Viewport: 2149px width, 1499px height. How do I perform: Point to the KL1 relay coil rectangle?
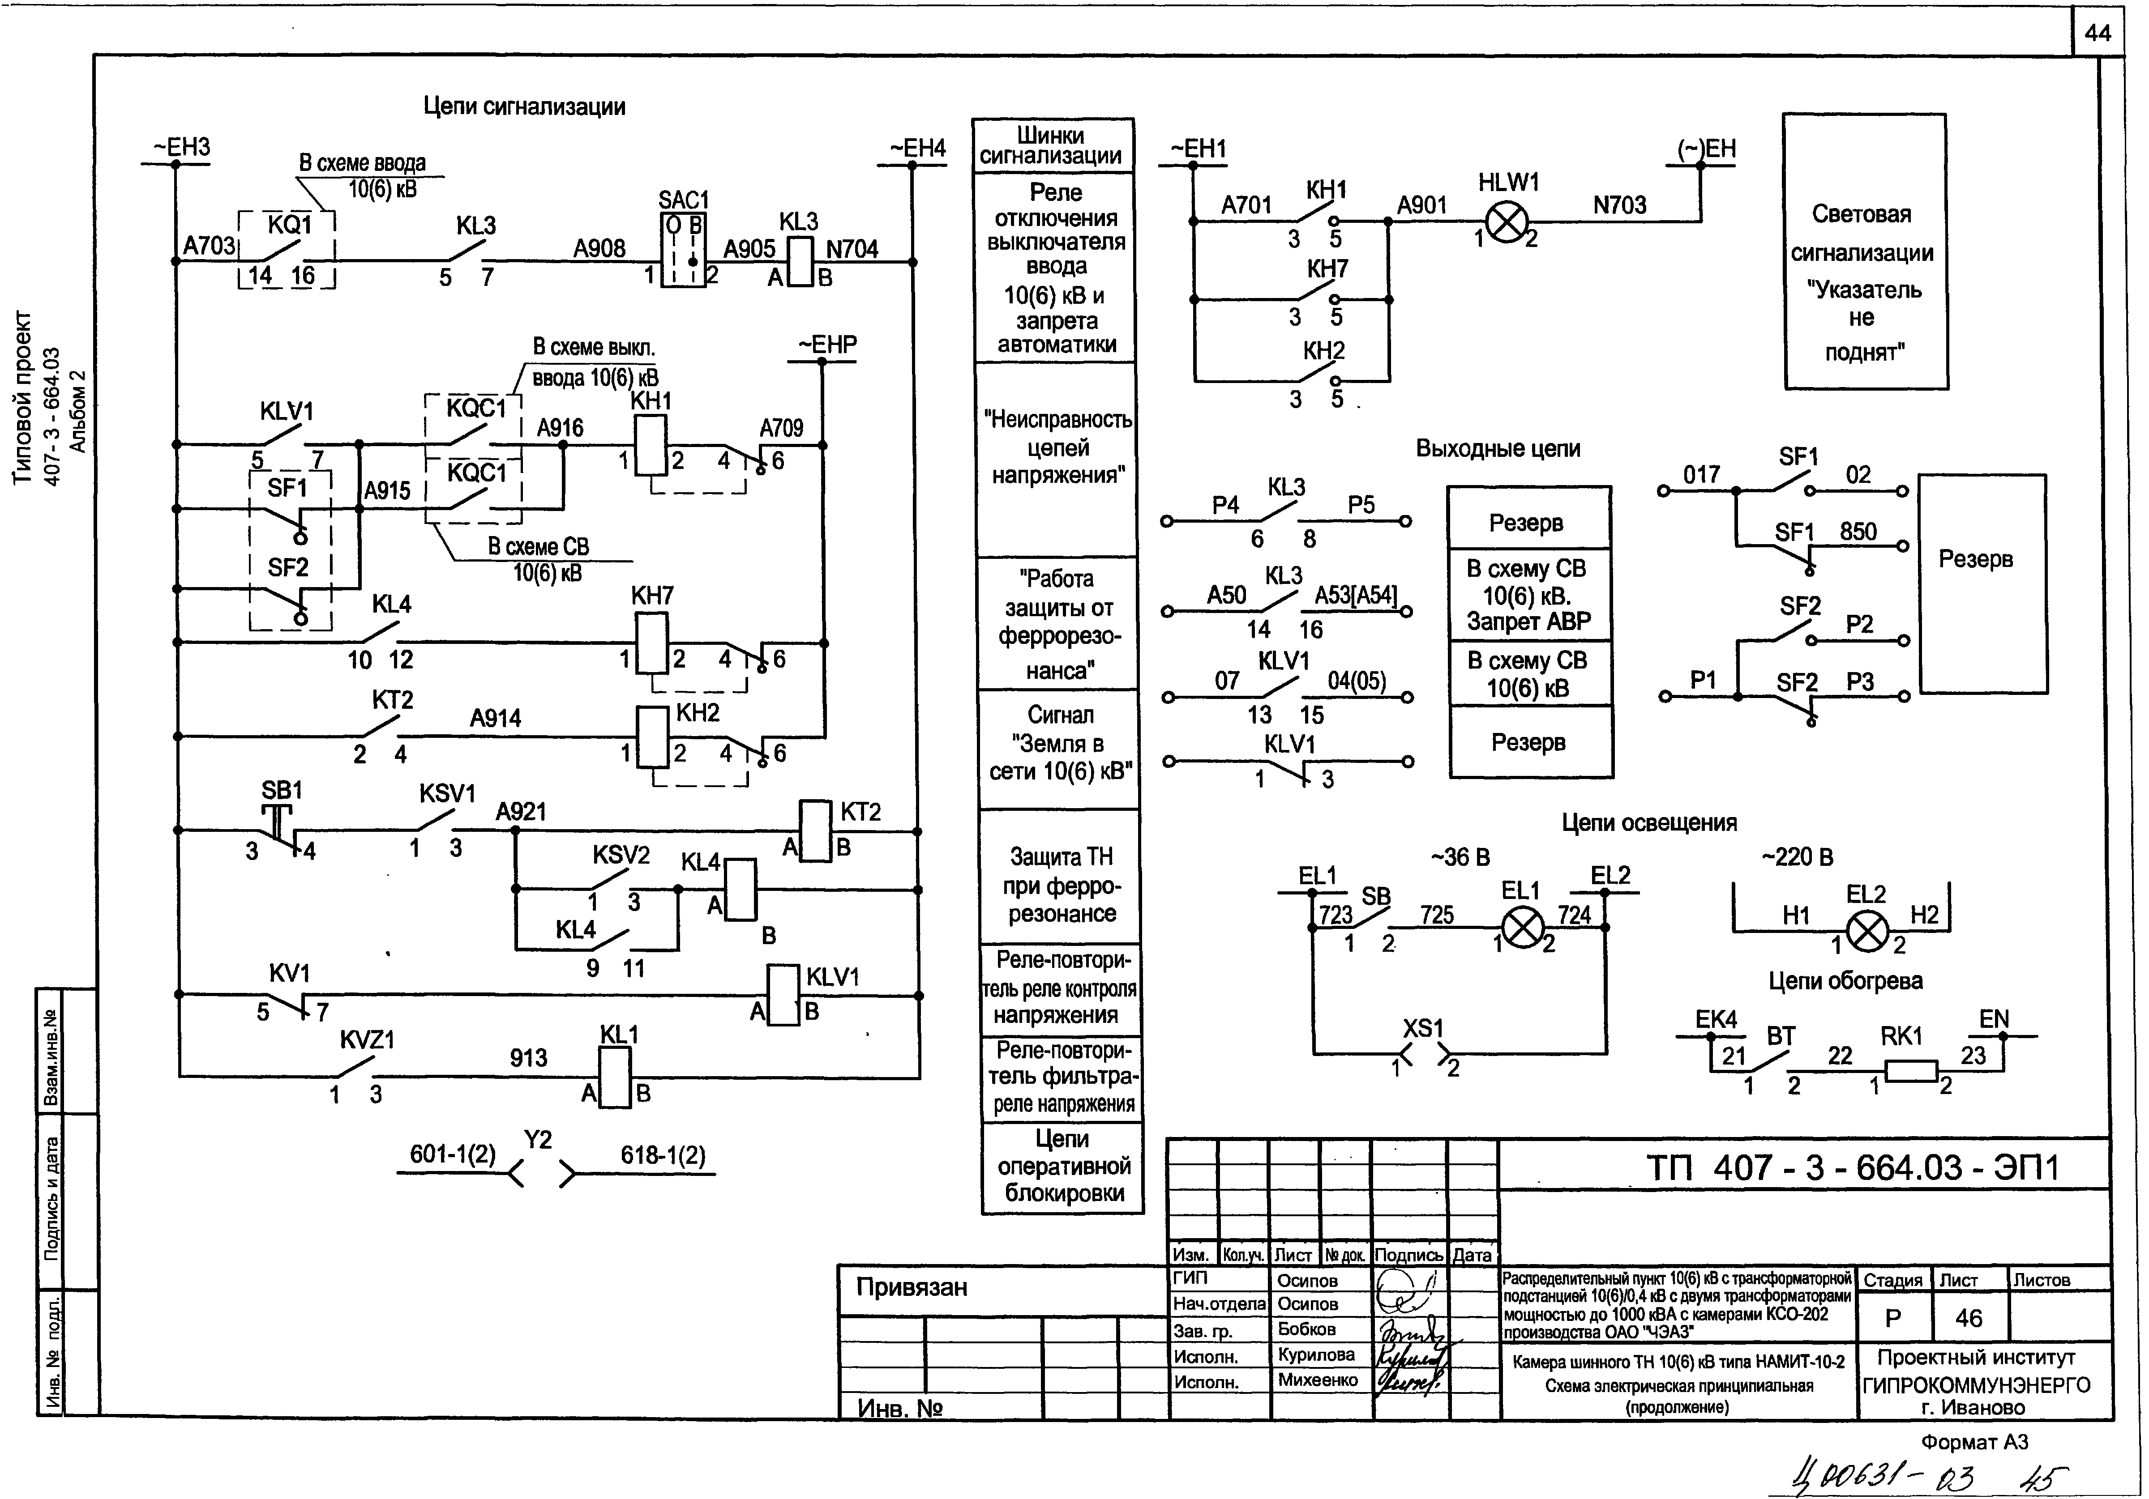[x=615, y=1077]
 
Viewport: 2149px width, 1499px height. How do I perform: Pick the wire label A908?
[x=599, y=248]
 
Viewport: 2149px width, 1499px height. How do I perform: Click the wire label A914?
[x=495, y=719]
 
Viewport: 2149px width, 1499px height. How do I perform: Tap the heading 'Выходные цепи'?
[x=1498, y=448]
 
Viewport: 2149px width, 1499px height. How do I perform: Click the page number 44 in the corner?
[x=2098, y=34]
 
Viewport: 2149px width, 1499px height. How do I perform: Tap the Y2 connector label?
[x=538, y=1140]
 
